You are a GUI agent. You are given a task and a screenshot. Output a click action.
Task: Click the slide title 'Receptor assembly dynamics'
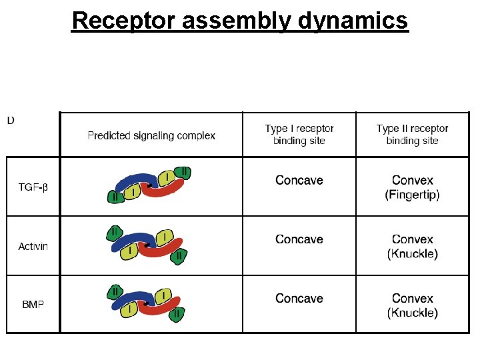[x=239, y=21]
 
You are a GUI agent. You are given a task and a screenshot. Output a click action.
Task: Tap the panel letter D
[x=11, y=121]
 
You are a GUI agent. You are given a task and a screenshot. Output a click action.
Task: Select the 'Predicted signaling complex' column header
[x=151, y=135]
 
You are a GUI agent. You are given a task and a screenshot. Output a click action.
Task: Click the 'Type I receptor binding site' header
[x=299, y=134]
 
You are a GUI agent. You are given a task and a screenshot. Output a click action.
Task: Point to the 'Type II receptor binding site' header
[x=412, y=134]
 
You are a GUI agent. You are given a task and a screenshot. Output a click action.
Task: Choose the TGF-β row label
[x=33, y=187]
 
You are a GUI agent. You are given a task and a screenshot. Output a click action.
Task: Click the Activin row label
[x=33, y=246]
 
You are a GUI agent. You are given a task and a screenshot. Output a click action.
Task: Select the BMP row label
[x=33, y=305]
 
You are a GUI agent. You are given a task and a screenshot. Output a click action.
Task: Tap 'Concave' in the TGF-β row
[x=299, y=181]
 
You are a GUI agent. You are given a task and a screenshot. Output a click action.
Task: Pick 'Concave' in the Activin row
[x=299, y=239]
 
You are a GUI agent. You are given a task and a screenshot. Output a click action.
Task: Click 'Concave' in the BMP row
[x=299, y=298]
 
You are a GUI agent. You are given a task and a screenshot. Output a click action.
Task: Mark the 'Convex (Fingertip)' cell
[x=412, y=187]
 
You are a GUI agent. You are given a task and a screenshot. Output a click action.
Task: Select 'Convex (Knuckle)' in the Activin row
[x=412, y=246]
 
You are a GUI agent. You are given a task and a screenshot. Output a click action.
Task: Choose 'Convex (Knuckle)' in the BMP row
[x=412, y=305]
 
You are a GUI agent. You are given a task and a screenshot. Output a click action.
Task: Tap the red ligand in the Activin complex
[x=163, y=250]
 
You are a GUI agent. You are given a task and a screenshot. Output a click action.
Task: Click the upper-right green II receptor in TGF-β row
[x=184, y=173]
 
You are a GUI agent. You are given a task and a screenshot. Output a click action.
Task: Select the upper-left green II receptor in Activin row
[x=114, y=233]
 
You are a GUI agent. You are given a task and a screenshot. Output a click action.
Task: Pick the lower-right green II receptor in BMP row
[x=177, y=314]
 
